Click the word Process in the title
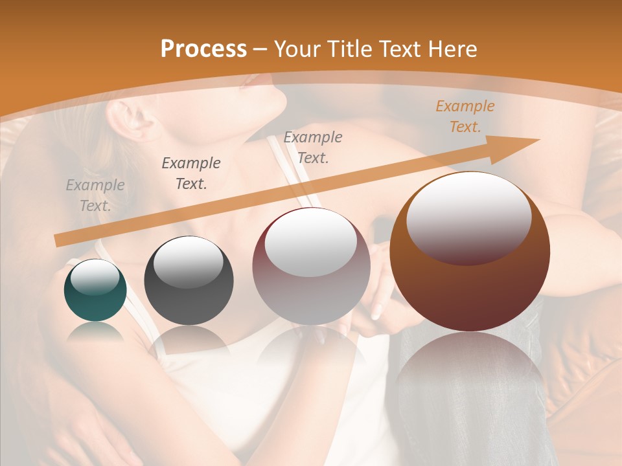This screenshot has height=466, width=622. click(203, 49)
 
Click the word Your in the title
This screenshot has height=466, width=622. click(299, 49)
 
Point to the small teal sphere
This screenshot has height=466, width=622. click(95, 291)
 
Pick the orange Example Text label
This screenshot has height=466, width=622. click(465, 116)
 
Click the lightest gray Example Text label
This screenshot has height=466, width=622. click(95, 195)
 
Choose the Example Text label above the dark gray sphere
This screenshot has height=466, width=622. click(191, 173)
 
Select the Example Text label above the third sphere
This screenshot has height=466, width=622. click(313, 148)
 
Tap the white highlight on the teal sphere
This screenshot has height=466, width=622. click(95, 277)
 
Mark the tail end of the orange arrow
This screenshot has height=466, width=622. click(58, 241)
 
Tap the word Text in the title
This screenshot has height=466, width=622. click(402, 49)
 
